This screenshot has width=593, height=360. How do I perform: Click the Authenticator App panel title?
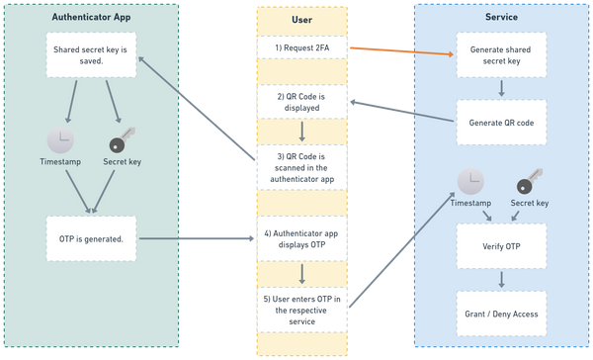pyautogui.click(x=90, y=17)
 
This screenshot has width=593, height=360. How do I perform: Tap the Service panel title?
pyautogui.click(x=500, y=17)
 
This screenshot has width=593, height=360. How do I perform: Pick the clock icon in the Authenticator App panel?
pyautogui.click(x=60, y=139)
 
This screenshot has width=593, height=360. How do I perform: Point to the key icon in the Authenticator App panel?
pyautogui.click(x=122, y=139)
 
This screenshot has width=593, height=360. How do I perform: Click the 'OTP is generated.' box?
pyautogui.click(x=90, y=238)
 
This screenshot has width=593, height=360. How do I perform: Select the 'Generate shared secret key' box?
pyautogui.click(x=500, y=56)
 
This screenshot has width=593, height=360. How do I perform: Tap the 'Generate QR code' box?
pyautogui.click(x=500, y=122)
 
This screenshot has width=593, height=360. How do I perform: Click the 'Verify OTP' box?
pyautogui.click(x=500, y=245)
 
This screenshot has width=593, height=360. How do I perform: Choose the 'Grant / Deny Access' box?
pyautogui.click(x=500, y=313)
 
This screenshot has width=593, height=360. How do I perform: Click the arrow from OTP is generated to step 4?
pyautogui.click(x=196, y=238)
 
